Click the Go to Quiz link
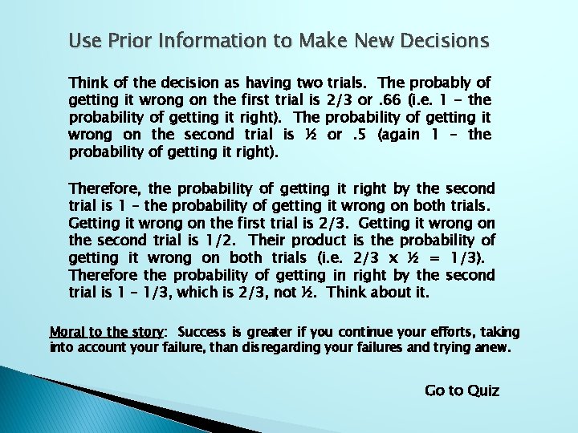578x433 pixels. [462, 391]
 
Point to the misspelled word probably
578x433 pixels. [441, 83]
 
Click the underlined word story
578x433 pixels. [146, 332]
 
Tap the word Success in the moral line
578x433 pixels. [202, 332]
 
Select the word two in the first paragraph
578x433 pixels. [310, 83]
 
